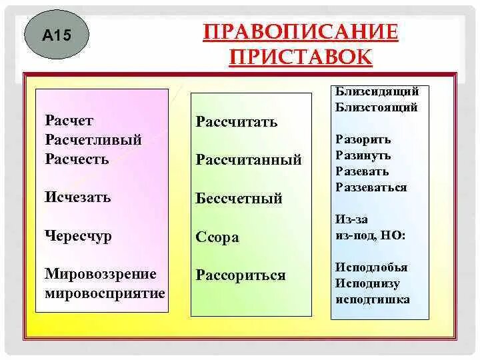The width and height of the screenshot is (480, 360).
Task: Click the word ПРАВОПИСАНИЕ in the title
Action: [x=300, y=32]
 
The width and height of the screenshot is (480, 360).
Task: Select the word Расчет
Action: [x=69, y=121]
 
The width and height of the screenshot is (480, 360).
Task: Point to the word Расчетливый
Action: [x=93, y=140]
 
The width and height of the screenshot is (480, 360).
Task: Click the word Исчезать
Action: [x=78, y=197]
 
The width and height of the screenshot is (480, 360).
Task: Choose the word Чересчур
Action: [x=79, y=236]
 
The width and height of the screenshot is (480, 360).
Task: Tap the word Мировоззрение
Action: [x=101, y=274]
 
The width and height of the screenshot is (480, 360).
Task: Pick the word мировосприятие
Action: [x=105, y=293]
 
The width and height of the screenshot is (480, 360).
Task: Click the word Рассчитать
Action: [x=237, y=122]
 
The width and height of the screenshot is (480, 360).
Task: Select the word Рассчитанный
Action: [x=249, y=160]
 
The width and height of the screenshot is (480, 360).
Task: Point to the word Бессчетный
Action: [x=239, y=199]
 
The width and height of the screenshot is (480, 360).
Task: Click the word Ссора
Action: [x=217, y=237]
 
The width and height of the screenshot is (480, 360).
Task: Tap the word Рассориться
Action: [x=241, y=275]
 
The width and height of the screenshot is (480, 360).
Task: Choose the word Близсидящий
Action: [x=377, y=91]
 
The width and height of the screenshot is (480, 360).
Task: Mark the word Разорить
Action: [x=363, y=140]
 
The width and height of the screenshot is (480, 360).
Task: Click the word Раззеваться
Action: [x=371, y=187]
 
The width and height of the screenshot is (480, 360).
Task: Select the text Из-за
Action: [x=352, y=219]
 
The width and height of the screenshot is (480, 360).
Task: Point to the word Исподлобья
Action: [x=371, y=267]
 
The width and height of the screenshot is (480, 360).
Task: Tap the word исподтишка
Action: [x=373, y=299]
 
